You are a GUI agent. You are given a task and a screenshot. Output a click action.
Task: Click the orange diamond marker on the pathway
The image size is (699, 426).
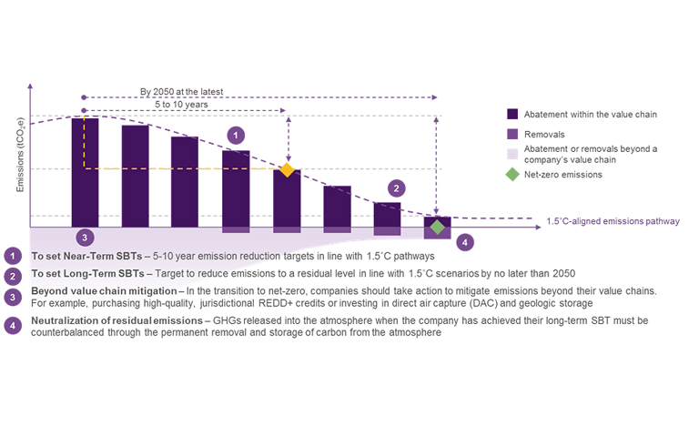[288, 169]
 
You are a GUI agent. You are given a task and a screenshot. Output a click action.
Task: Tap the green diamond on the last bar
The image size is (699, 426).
[438, 226]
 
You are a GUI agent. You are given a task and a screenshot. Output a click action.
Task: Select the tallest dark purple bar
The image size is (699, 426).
[85, 171]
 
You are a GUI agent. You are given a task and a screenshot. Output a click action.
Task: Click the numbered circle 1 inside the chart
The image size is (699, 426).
[236, 135]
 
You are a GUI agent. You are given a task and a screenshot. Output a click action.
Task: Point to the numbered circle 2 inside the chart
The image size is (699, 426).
[396, 188]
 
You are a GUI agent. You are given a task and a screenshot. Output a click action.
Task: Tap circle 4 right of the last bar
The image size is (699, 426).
[465, 242]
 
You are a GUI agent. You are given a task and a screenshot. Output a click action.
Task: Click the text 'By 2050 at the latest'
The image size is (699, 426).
[182, 92]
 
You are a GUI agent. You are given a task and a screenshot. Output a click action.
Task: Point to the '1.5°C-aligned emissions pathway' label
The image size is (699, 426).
[613, 221]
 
